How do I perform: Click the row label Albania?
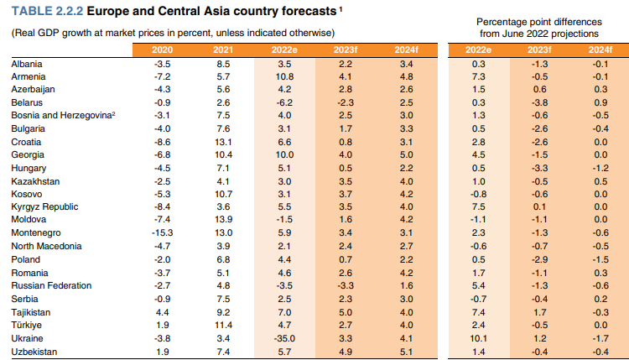pyautogui.click(x=27, y=64)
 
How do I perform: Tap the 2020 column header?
pyautogui.click(x=163, y=50)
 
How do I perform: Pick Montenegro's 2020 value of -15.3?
pyautogui.click(x=163, y=232)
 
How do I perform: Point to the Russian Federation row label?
pyautogui.click(x=52, y=286)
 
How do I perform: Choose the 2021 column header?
pyautogui.click(x=223, y=50)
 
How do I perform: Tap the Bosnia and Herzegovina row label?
pyautogui.click(x=61, y=116)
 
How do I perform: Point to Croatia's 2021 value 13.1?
pyautogui.click(x=223, y=142)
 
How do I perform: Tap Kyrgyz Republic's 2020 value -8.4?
pyautogui.click(x=163, y=206)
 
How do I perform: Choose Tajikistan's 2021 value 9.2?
pyautogui.click(x=223, y=312)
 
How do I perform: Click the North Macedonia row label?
pyautogui.click(x=47, y=246)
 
